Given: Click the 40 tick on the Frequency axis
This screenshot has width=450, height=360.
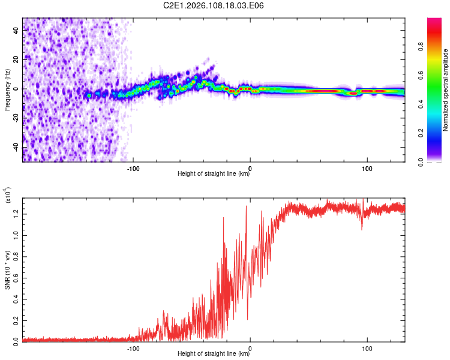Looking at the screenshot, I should tap(17, 30).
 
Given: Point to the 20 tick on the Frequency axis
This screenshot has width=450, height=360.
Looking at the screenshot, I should tap(17, 59).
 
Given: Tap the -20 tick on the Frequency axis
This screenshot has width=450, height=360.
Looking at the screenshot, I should tap(16, 118).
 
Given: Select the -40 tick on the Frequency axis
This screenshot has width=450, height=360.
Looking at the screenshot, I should tap(16, 147).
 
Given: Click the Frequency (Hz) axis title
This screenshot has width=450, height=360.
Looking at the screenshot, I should tap(7, 90).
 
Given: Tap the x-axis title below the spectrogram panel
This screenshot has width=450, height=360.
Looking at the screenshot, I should tap(214, 175).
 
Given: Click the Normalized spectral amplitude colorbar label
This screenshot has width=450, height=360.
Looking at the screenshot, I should tap(446, 90).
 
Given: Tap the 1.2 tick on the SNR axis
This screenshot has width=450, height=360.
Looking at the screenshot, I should tap(17, 213).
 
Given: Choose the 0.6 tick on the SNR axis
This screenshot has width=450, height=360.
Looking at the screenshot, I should tap(17, 276).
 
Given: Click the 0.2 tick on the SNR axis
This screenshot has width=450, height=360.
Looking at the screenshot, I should tap(17, 319).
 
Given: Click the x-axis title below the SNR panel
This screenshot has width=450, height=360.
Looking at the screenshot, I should tap(214, 355).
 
